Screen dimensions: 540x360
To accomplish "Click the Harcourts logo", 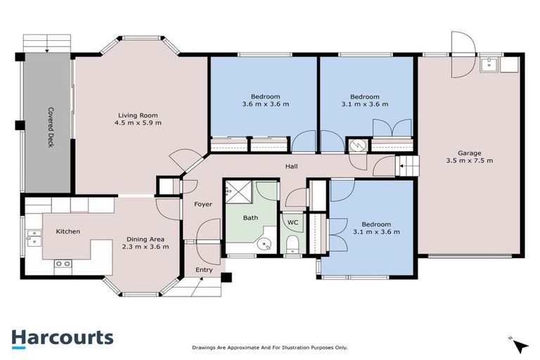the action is pos(63,339).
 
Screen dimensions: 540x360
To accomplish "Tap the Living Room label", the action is pos(138,115).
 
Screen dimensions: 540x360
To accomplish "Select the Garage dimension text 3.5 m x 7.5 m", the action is pos(470,160).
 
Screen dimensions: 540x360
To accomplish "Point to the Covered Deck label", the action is pos(51,127).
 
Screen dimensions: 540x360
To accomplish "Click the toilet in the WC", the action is pos(292,243).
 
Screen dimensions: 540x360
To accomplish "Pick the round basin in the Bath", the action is pos(264,244).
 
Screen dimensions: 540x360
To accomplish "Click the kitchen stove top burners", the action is pos(63,264).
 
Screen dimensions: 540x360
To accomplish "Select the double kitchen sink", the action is pos(34,238).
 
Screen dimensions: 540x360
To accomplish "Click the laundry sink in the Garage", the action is pos(489,64).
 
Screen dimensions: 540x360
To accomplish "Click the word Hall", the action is pos(291,167).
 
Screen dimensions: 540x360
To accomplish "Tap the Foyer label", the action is pos(203,205).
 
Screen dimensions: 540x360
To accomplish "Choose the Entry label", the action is pos(204,270).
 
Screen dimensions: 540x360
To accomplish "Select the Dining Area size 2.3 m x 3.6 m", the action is pos(146,247).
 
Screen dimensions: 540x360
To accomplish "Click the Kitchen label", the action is pos(68,231).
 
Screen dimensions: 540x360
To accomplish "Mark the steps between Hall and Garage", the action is pos(406,166).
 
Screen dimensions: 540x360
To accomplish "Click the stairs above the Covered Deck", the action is pos(47,44).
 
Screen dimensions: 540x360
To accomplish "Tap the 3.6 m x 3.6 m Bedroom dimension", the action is pos(266,104).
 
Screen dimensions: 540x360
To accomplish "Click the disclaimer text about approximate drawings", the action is pos(270,348).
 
